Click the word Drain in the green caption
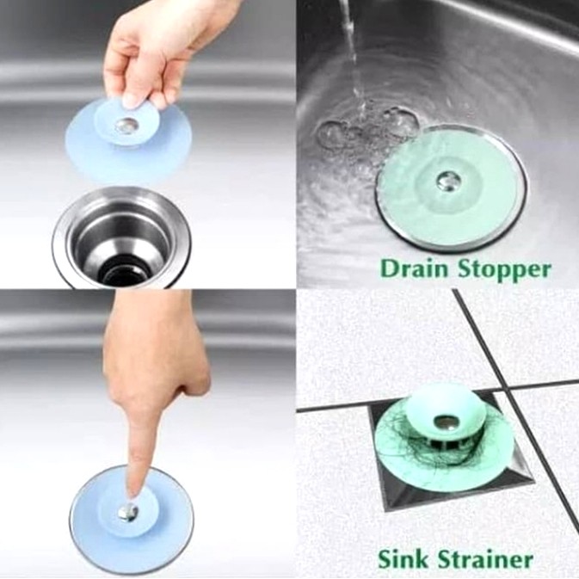click(x=416, y=268)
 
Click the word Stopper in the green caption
click(x=504, y=271)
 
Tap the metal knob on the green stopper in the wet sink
click(x=447, y=181)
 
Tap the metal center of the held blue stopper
click(x=126, y=126)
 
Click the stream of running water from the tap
click(x=352, y=55)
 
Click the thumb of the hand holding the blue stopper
click(x=132, y=94)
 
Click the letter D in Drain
click(x=389, y=268)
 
